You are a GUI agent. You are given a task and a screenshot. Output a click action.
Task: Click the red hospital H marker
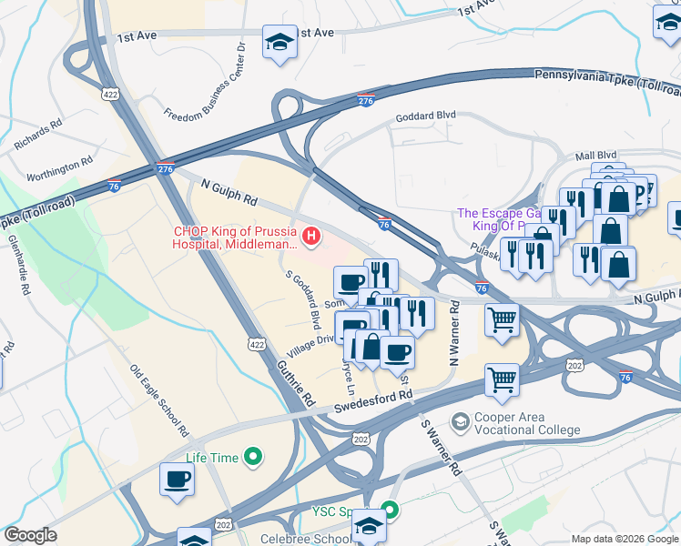point(311,238)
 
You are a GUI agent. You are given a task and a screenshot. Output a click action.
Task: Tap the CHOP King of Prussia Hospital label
point(235,238)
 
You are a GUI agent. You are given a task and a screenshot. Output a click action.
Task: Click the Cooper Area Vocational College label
point(514,424)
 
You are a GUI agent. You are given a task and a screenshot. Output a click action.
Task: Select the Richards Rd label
point(37,133)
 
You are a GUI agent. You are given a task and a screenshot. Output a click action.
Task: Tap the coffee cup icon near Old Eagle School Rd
point(177,480)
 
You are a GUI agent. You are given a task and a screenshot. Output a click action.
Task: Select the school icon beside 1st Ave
point(279,42)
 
